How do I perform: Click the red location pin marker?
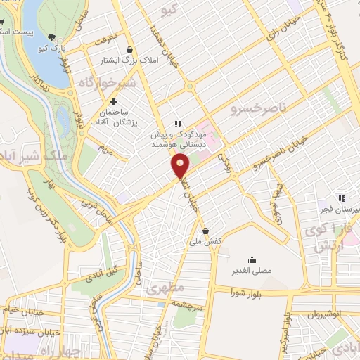tap(181, 167)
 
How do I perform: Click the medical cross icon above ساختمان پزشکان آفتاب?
tap(113, 102)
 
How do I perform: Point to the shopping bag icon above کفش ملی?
tap(205, 230)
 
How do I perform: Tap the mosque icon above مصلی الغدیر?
tap(252, 259)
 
